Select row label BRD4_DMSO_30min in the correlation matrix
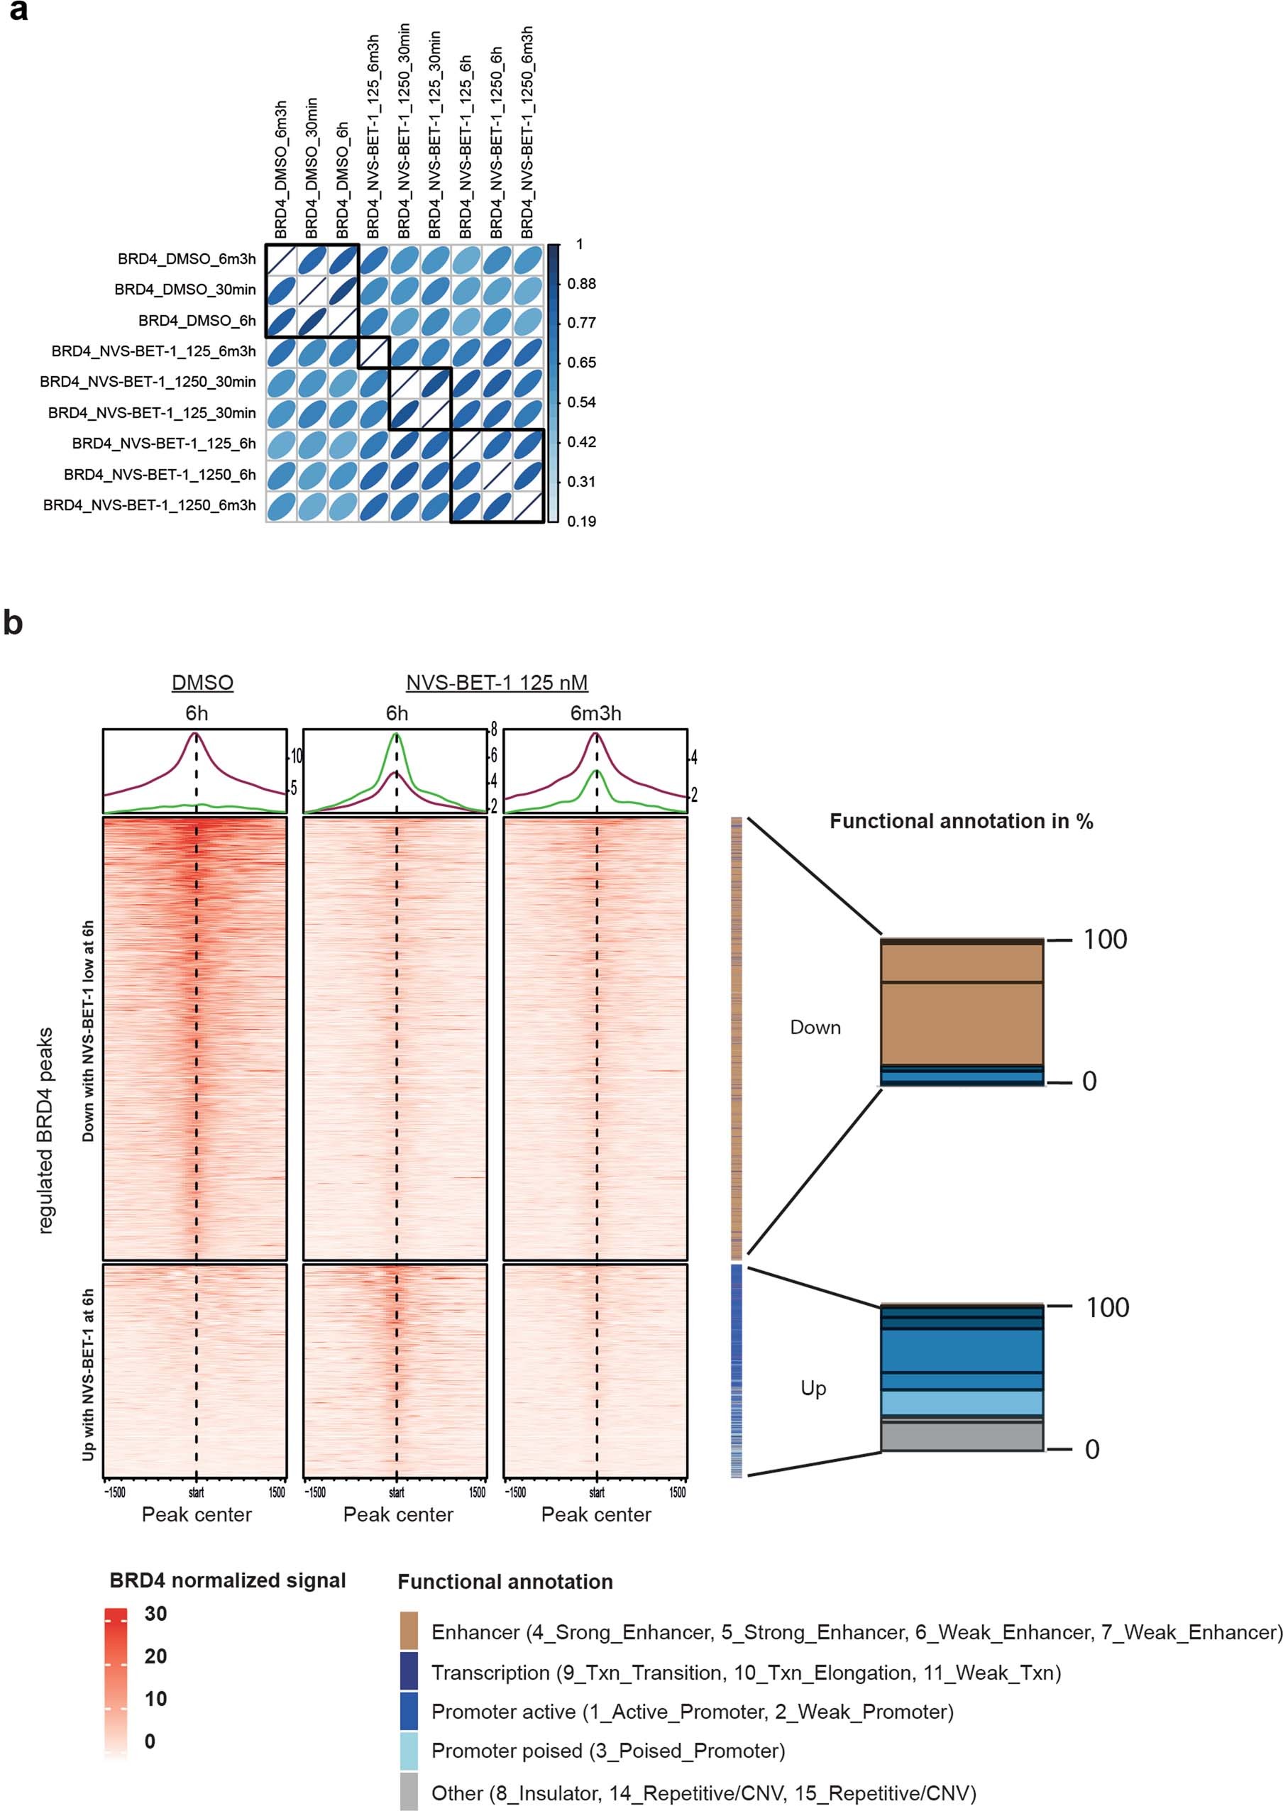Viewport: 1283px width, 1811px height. pyautogui.click(x=185, y=290)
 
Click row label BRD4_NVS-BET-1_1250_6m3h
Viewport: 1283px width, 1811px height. pyautogui.click(x=149, y=505)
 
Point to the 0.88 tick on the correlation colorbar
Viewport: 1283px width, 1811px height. pyautogui.click(x=581, y=284)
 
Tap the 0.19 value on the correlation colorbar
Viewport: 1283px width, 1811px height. pyautogui.click(x=581, y=521)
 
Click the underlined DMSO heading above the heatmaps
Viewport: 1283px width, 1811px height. pyautogui.click(x=202, y=682)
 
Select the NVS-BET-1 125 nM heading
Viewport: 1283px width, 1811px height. pyautogui.click(x=497, y=682)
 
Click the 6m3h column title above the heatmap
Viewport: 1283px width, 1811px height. pyautogui.click(x=595, y=713)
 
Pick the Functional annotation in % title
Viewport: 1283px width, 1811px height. pyautogui.click(x=962, y=822)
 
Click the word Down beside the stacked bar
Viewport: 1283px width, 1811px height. pyautogui.click(x=815, y=1027)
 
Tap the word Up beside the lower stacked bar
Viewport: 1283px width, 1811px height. pyautogui.click(x=814, y=1388)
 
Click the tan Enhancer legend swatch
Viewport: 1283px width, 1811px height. pyautogui.click(x=409, y=1632)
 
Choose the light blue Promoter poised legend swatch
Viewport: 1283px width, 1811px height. pyautogui.click(x=409, y=1751)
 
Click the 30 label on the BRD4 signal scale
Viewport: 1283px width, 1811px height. pyautogui.click(x=155, y=1614)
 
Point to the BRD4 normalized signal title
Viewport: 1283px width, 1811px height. pyautogui.click(x=228, y=1580)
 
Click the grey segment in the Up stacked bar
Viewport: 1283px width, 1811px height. pyautogui.click(x=962, y=1437)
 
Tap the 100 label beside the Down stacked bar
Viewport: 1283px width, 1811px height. pyautogui.click(x=1104, y=940)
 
